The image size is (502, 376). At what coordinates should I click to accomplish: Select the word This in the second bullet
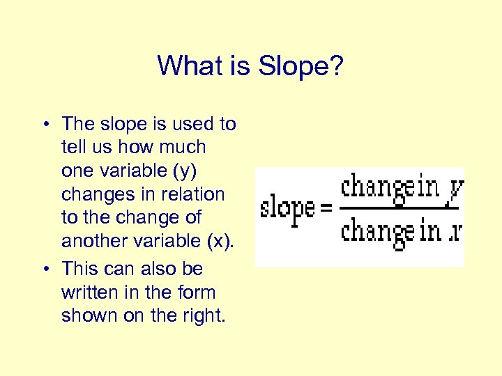click(x=83, y=269)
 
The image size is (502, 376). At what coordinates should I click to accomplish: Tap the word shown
click(x=89, y=315)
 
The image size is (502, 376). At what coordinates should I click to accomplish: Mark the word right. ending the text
click(x=201, y=316)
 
